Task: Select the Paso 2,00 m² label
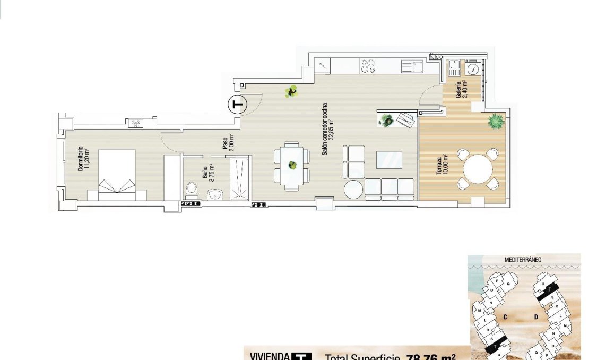pos(228,143)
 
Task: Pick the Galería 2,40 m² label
pos(461,90)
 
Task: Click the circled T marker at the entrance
pos(238,105)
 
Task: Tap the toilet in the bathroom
pos(192,188)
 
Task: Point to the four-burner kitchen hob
pos(368,66)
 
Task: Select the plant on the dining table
pos(291,165)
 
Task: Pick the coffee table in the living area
pos(388,160)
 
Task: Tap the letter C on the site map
pos(505,316)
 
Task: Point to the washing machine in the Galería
pos(472,68)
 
